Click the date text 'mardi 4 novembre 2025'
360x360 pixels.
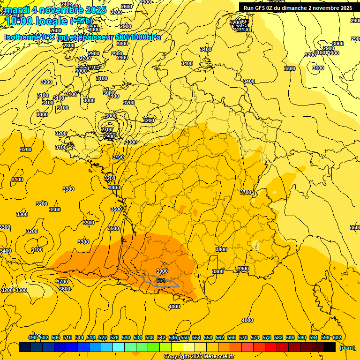click(55, 10)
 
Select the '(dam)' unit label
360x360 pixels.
click(347, 348)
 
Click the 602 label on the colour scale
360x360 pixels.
click(337, 337)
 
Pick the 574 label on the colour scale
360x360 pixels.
click(255, 337)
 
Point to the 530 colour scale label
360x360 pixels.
click(126, 337)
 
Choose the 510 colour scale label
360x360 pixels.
click(67, 337)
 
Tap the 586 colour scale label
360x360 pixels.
click(290, 337)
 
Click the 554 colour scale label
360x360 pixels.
click(196, 337)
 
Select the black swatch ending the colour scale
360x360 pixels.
click(330, 347)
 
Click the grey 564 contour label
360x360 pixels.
click(161, 280)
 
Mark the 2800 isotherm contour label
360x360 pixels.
click(69, 45)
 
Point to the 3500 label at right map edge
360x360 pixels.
click(355, 227)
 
